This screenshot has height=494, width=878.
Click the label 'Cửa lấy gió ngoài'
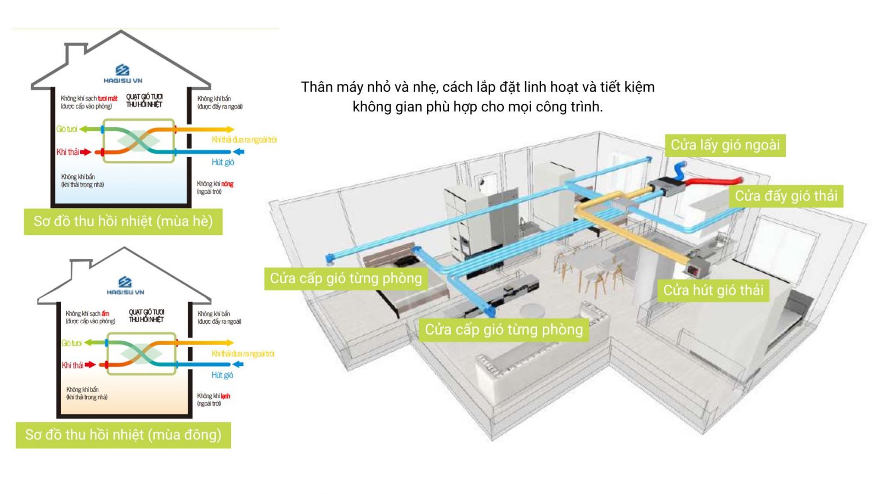tap(725, 145)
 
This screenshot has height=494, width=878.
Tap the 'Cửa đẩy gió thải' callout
tap(786, 196)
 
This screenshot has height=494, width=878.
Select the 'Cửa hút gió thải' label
tap(713, 290)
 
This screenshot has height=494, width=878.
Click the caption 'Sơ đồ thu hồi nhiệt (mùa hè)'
tap(123, 221)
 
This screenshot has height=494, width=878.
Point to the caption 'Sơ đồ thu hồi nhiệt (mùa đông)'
tap(123, 435)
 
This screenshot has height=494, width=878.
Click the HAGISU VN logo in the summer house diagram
tap(122, 73)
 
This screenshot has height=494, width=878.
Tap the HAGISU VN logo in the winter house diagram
tap(125, 285)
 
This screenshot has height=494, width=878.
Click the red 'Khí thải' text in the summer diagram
tap(67, 152)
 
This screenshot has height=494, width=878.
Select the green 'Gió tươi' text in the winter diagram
tap(71, 343)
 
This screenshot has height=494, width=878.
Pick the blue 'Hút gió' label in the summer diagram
tap(223, 162)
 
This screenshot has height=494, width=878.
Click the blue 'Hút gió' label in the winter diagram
tap(222, 375)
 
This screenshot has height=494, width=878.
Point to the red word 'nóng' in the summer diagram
tap(227, 184)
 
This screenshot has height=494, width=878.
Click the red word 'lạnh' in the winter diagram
tap(226, 396)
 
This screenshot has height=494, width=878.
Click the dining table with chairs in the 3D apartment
tap(587, 263)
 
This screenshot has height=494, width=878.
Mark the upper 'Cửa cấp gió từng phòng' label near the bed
tap(346, 278)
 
